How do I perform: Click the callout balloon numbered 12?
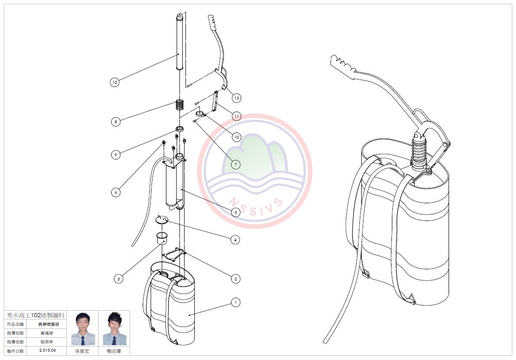click(x=115, y=82)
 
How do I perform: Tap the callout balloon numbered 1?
click(x=236, y=302)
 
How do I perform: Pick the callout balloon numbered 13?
click(x=237, y=98)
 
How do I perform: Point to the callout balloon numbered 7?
click(x=236, y=164)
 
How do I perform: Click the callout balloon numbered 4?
click(x=236, y=240)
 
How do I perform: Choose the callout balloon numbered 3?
click(x=119, y=279)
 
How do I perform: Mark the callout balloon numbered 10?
click(x=237, y=137)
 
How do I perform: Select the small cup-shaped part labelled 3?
click(x=161, y=239)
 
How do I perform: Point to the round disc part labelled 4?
click(x=161, y=219)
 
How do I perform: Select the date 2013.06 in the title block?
click(x=48, y=350)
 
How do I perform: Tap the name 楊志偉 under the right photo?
click(x=114, y=351)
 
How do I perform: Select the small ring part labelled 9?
click(x=179, y=128)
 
